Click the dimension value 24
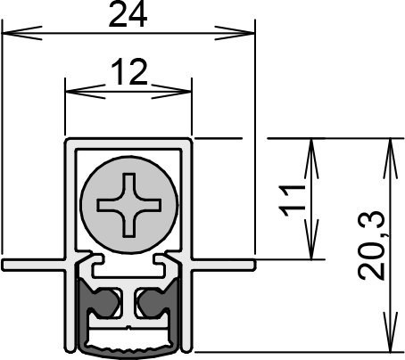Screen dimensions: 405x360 click(x=128, y=14)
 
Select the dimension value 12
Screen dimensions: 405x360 click(x=129, y=71)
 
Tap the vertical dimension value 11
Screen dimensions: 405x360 click(x=292, y=200)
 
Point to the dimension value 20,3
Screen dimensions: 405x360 click(x=372, y=245)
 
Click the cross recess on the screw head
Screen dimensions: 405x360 click(x=129, y=205)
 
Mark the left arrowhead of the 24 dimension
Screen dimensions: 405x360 click(x=21, y=33)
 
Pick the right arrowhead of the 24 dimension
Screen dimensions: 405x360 click(x=235, y=33)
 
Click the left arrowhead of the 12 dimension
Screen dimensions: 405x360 click(x=86, y=92)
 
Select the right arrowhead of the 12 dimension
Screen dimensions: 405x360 click(x=171, y=92)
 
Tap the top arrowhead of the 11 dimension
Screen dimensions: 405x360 click(x=311, y=159)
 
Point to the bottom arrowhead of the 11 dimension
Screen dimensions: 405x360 click(x=311, y=240)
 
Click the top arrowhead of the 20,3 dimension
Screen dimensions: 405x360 click(x=391, y=159)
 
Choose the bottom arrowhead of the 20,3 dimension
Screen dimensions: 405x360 click(x=391, y=331)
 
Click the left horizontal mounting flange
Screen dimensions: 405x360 click(x=34, y=265)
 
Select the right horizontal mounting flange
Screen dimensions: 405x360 click(x=223, y=265)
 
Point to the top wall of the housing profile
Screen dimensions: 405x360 click(x=128, y=143)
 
